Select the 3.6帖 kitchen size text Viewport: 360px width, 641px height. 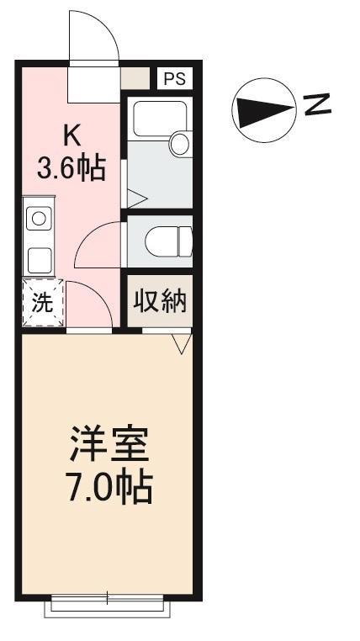point(71,167)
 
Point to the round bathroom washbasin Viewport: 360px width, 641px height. point(181,144)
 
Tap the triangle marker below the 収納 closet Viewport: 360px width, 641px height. point(181,342)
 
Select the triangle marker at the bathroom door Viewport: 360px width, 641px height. point(136,199)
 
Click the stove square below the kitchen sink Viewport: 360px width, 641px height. point(38,259)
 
